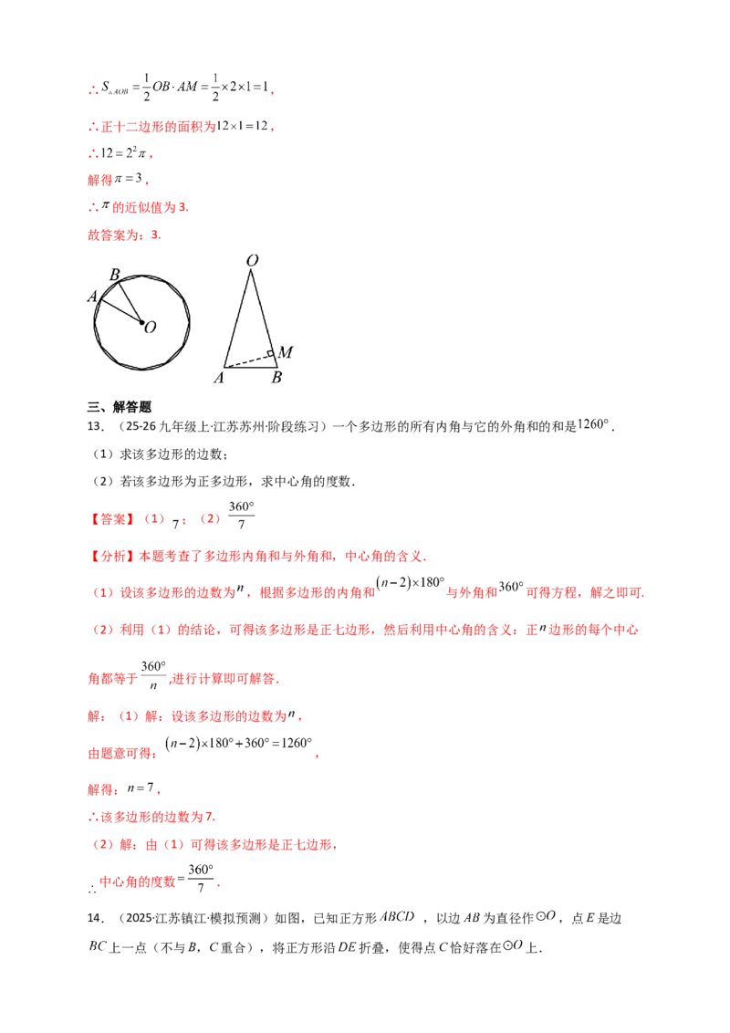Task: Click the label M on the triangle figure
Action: point(286,352)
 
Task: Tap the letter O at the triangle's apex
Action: point(252,261)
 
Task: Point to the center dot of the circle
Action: point(141,322)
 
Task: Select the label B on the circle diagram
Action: point(115,275)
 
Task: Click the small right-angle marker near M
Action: point(270,354)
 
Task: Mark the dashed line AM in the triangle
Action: point(248,361)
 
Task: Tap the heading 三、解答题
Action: point(120,407)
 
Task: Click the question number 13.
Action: point(96,426)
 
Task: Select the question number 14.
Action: point(96,918)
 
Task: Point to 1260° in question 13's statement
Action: point(593,425)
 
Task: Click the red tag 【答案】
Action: point(112,519)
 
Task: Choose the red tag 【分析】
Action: point(112,556)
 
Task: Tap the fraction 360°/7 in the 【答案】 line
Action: point(241,516)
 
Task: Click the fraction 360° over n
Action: point(153,675)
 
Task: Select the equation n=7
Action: point(141,788)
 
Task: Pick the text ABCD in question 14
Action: point(398,916)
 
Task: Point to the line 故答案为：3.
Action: point(124,235)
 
